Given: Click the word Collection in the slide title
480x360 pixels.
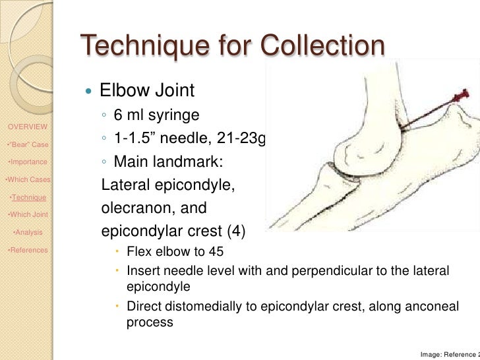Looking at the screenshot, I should [322, 47].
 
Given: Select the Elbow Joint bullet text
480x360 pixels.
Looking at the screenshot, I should [146, 89].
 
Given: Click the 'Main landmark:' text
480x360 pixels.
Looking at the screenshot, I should [160, 162].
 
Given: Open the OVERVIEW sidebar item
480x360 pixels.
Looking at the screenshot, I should [27, 127].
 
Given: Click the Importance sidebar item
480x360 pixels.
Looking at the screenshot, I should [27, 162].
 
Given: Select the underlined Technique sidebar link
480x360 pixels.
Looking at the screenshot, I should [28, 197].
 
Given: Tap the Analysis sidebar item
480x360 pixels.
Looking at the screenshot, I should [28, 232].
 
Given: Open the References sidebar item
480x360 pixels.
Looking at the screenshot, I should [26, 250].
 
